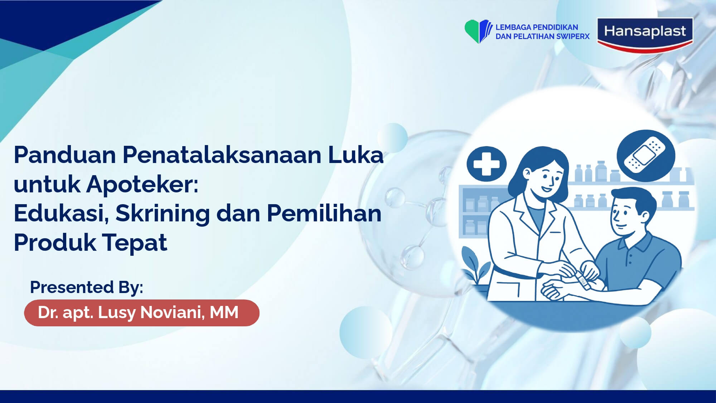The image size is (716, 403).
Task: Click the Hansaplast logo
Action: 645,35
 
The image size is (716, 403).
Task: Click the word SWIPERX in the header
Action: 573,36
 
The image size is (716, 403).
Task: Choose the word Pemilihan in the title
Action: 324,214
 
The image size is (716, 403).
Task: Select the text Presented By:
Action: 87,287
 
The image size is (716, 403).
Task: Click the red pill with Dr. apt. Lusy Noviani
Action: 142,313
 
